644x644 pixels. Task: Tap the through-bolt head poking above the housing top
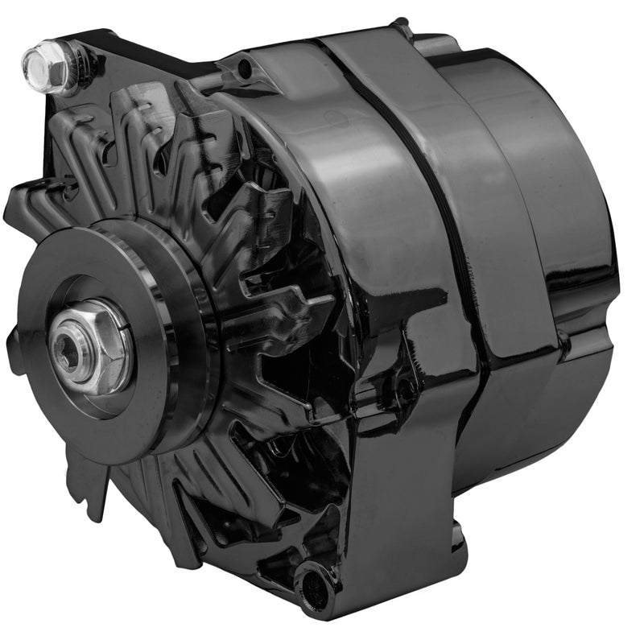400,31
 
